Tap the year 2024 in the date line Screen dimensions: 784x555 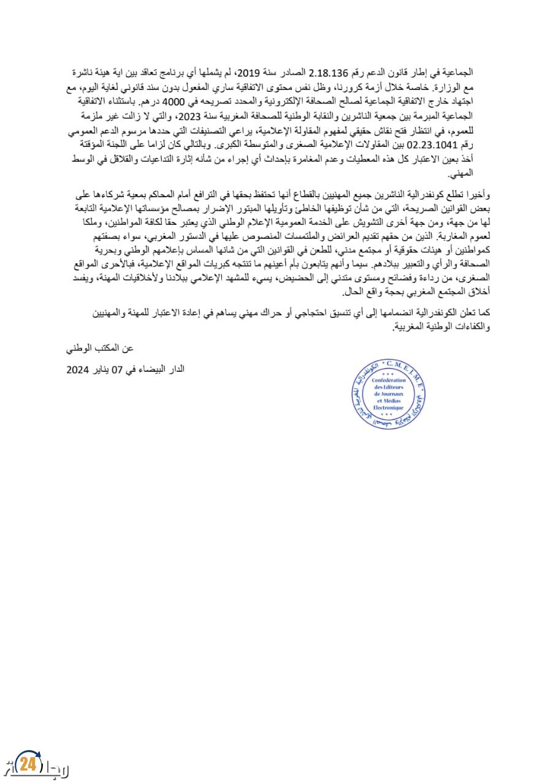tap(79, 370)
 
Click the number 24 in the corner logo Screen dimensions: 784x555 tap(26, 764)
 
